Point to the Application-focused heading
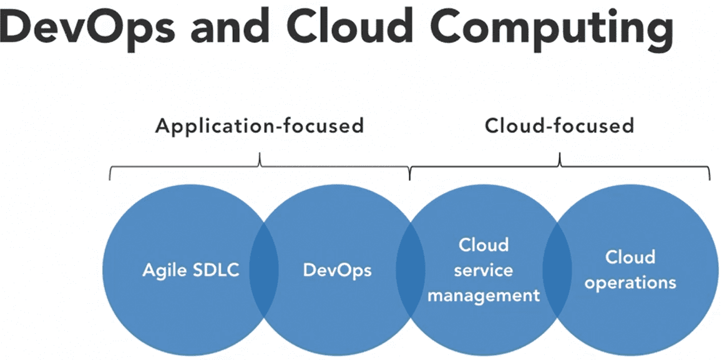pos(260,125)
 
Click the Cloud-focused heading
pos(559,125)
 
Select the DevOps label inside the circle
pos(337,270)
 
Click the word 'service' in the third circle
pos(483,270)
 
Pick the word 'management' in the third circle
pos(484,295)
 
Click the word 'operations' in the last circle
pos(630,283)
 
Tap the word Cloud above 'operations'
pos(630,257)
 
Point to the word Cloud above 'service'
pos(484,245)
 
